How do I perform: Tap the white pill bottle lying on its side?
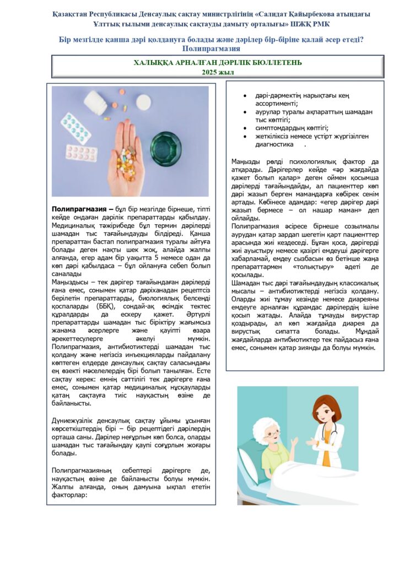(98, 101)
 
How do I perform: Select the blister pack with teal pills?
(75, 128)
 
